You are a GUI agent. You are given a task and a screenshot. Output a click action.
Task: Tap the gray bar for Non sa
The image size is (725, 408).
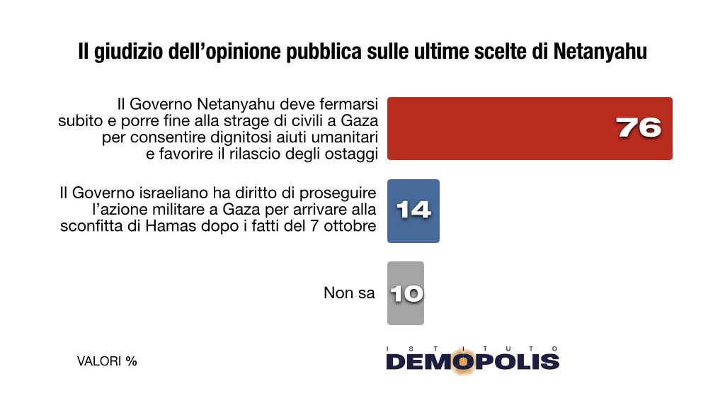tap(406, 293)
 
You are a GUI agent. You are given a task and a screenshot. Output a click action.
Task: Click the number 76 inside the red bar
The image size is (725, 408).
tap(638, 128)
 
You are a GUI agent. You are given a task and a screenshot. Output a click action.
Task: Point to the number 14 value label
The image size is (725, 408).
tap(413, 211)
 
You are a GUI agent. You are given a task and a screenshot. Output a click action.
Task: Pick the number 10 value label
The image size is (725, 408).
tap(406, 293)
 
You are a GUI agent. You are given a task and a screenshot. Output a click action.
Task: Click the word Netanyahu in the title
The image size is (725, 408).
tap(601, 52)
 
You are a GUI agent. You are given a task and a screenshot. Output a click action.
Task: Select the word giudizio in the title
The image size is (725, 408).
tap(124, 52)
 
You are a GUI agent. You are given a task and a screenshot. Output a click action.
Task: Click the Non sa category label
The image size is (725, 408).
tap(349, 293)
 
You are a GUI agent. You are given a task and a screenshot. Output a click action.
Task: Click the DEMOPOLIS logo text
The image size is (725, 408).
tap(473, 362)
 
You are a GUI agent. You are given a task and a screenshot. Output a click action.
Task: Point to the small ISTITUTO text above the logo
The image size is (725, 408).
tap(473, 348)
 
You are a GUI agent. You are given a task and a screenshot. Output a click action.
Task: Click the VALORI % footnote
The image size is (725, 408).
tap(107, 361)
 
